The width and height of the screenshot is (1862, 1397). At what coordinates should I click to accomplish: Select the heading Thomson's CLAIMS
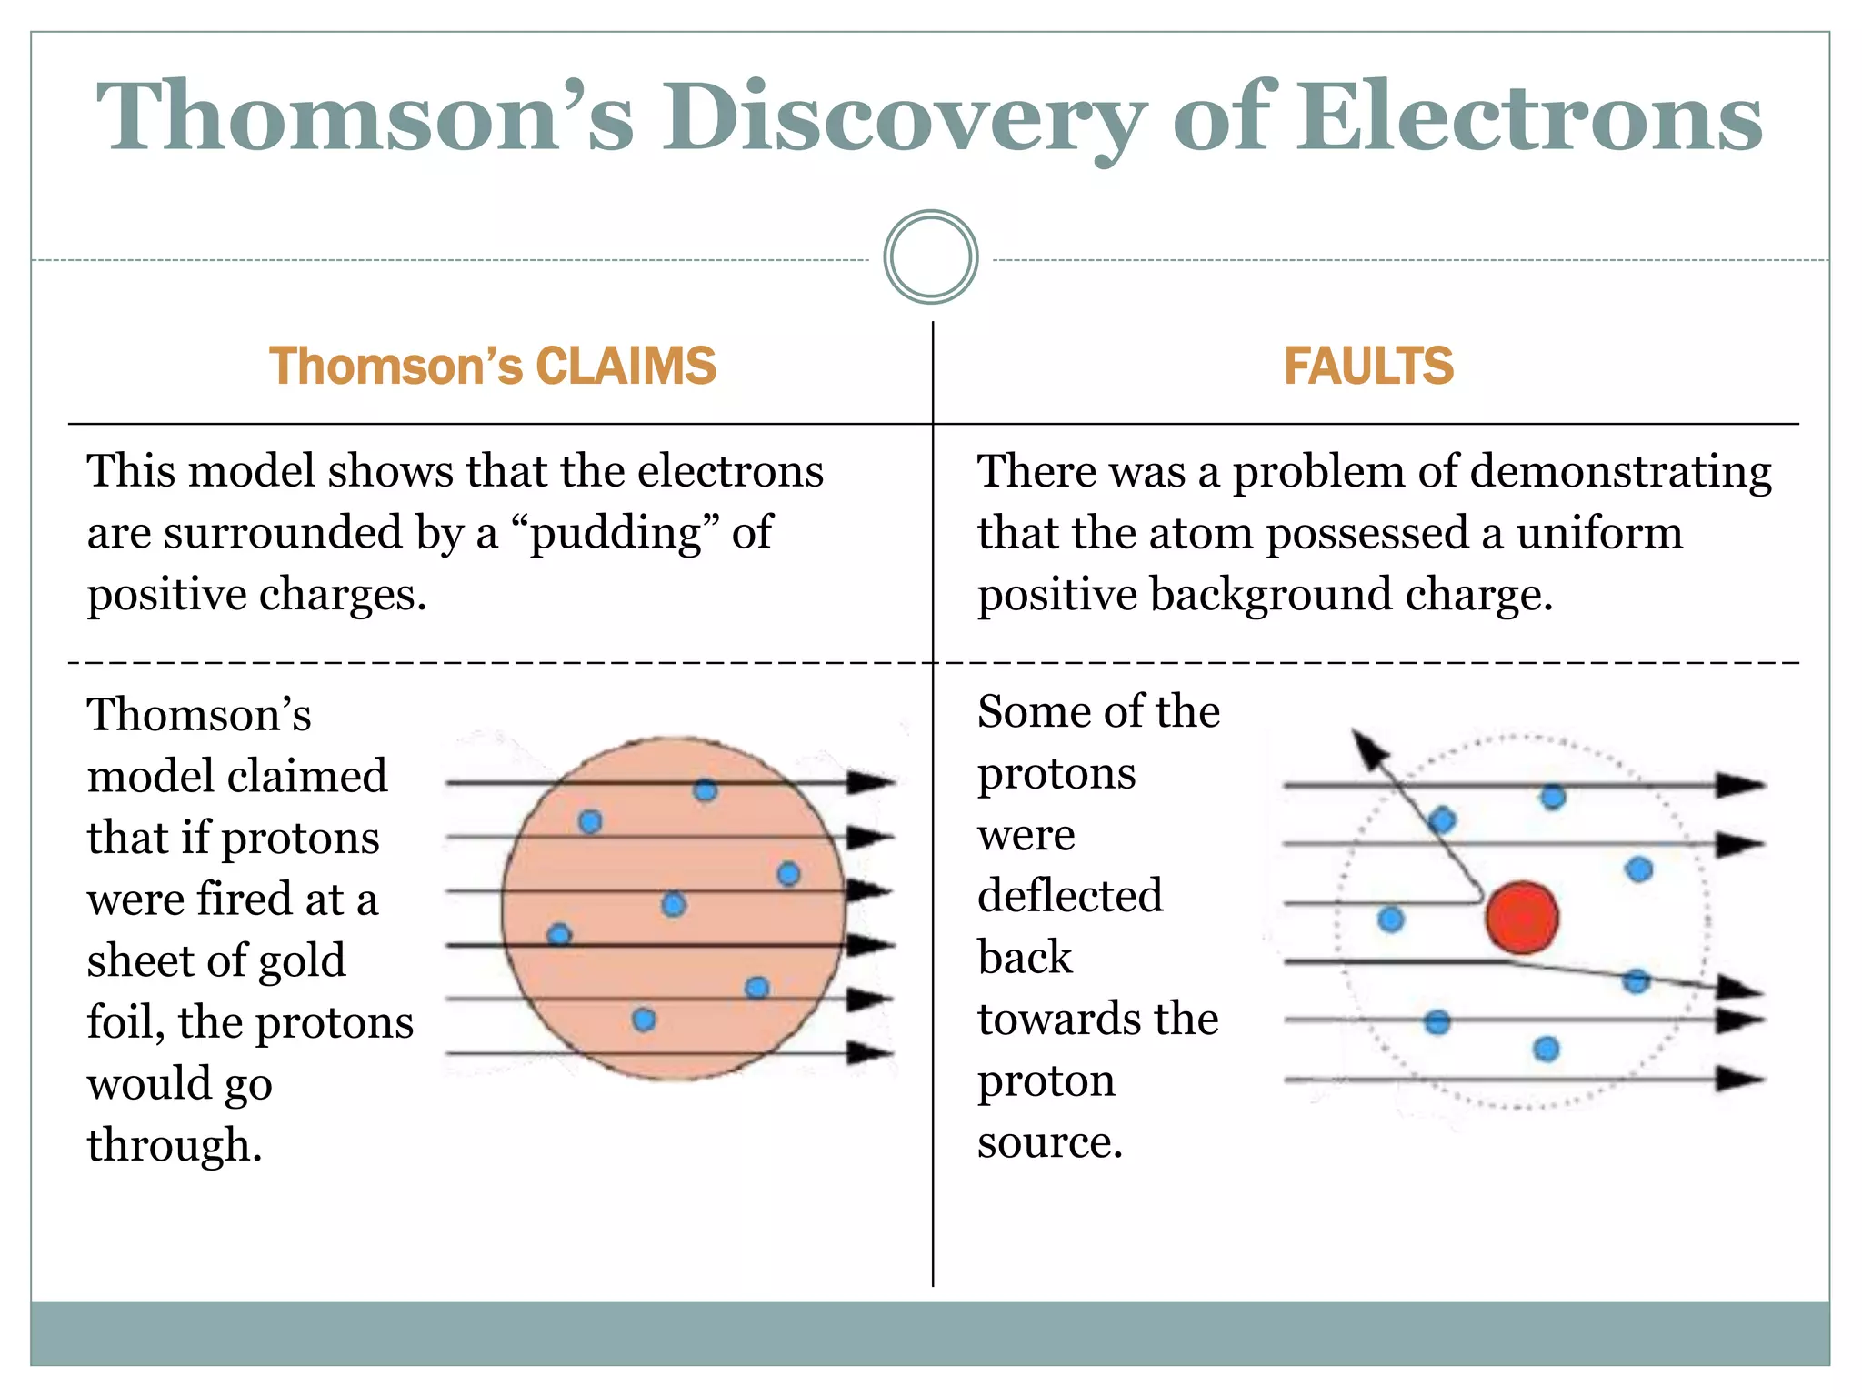[492, 366]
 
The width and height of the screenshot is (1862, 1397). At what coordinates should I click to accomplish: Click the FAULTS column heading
[1367, 366]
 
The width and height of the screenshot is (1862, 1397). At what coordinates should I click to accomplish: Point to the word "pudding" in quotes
[616, 533]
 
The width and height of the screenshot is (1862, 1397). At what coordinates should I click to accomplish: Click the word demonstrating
[1620, 473]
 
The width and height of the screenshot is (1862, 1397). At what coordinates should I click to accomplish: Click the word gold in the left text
[300, 960]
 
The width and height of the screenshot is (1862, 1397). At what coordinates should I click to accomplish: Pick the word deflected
[1070, 896]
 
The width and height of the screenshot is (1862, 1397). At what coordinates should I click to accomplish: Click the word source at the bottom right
[1049, 1142]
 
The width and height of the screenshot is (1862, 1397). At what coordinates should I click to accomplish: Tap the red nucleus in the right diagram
[1522, 918]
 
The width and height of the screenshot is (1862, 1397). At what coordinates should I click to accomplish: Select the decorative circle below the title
[930, 257]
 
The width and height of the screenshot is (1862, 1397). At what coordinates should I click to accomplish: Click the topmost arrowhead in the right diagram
[1738, 785]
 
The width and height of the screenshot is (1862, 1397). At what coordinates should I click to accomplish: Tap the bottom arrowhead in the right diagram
[1738, 1080]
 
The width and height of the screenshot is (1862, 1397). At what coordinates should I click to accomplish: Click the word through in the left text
[174, 1145]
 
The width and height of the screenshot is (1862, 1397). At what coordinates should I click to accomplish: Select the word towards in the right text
[1046, 1019]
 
